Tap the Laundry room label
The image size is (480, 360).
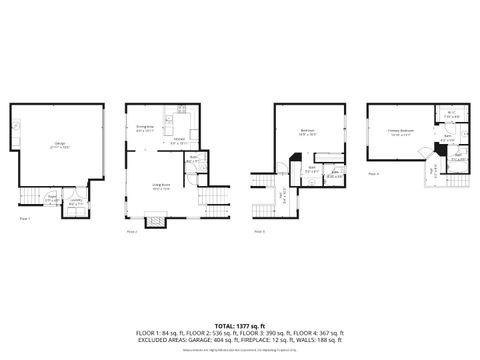[x=75, y=202]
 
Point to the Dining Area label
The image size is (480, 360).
[x=144, y=129]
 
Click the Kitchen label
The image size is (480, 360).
[x=179, y=143]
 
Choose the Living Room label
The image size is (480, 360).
[x=161, y=187]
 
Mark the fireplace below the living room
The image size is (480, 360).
[x=156, y=221]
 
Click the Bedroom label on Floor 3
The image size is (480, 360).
[x=308, y=131]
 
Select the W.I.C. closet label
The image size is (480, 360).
[x=452, y=114]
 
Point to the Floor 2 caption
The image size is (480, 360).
[x=131, y=231]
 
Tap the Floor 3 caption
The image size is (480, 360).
[x=259, y=231]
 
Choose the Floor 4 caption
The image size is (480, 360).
[x=373, y=174]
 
